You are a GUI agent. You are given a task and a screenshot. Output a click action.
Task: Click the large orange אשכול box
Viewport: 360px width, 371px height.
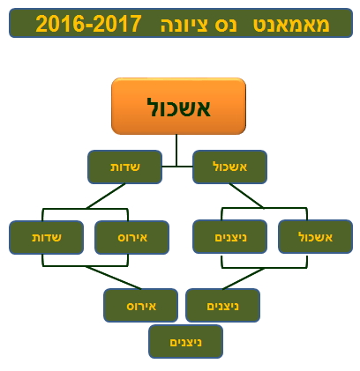coord(178,106)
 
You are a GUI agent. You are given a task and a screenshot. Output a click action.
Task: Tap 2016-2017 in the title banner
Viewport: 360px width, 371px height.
coord(88,24)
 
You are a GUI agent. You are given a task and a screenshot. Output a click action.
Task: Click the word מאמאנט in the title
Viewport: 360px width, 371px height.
coord(291,25)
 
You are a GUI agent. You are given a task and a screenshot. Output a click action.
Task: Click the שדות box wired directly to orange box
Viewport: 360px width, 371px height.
coord(125,167)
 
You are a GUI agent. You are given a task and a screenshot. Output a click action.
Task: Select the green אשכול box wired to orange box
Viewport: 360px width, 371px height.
coord(229,167)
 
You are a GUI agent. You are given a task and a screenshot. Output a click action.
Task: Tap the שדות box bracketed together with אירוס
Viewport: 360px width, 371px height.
coord(47,237)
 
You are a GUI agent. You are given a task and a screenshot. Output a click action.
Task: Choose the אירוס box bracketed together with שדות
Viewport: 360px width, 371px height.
coord(132,237)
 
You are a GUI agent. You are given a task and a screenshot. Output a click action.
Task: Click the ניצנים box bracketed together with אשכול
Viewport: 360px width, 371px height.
coord(229,237)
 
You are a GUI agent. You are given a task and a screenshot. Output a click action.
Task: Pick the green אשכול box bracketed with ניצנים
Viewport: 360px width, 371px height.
coord(315,237)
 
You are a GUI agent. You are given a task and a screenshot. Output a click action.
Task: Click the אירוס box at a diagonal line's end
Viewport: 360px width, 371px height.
coord(141,306)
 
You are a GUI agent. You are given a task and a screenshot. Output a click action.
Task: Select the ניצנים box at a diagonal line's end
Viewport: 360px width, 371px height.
coord(222,306)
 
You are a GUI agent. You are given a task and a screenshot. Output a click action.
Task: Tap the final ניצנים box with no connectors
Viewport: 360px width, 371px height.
coord(185,342)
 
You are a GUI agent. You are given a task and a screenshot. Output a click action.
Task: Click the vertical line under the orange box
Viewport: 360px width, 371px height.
coord(176,151)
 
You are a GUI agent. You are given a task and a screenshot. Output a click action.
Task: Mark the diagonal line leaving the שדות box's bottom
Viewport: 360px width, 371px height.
coord(106,196)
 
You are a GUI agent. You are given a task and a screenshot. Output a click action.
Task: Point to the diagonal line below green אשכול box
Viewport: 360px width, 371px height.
coord(246,196)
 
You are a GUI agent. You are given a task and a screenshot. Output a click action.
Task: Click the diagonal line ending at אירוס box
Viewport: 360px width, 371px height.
coord(114,278)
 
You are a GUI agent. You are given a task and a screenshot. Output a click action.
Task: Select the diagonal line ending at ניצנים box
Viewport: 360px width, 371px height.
coord(244,278)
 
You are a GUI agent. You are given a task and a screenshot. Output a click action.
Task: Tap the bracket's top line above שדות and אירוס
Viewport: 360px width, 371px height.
coord(86,209)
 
